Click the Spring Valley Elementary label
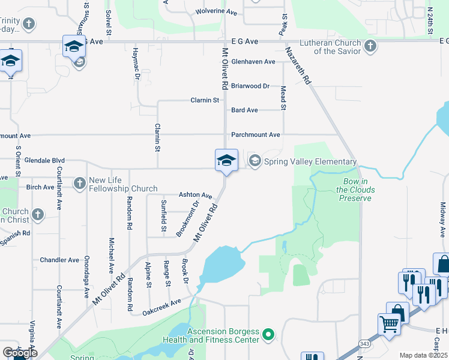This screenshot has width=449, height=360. click(x=310, y=162)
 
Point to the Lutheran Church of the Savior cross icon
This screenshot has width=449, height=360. click(x=370, y=46)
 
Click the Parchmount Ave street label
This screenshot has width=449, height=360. click(x=256, y=135)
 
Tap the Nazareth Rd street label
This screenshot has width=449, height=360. click(x=298, y=65)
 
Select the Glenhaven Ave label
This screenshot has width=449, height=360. click(x=253, y=62)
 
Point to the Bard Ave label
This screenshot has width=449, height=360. click(x=244, y=110)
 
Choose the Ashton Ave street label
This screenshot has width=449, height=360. click(x=196, y=196)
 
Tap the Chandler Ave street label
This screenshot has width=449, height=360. click(x=59, y=260)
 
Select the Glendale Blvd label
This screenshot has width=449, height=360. click(x=44, y=161)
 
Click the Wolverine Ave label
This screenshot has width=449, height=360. click(x=217, y=11)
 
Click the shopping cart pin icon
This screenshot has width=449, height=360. click(x=390, y=325)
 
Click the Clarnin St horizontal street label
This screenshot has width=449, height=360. click(x=205, y=100)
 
